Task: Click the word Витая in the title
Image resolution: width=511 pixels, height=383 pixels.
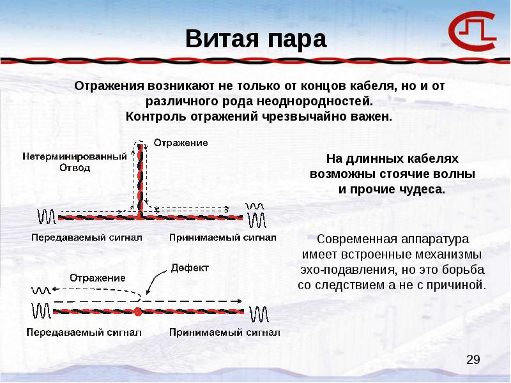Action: pyautogui.click(x=222, y=39)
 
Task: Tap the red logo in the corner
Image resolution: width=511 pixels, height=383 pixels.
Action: pyautogui.click(x=472, y=31)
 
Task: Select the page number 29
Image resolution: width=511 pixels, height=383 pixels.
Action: pyautogui.click(x=473, y=359)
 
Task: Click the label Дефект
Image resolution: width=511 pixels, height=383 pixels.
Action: pyautogui.click(x=190, y=268)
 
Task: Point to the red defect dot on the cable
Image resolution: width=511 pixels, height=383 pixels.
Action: pyautogui.click(x=138, y=312)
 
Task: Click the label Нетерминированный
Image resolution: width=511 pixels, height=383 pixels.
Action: pyautogui.click(x=75, y=156)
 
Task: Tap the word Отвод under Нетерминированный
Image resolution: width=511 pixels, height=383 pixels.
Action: pyautogui.click(x=75, y=168)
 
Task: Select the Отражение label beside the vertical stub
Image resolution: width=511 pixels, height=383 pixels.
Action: pyautogui.click(x=181, y=143)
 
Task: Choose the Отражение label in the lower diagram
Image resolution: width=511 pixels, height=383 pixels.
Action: pyautogui.click(x=98, y=278)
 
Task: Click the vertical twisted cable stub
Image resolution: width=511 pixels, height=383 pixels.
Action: pyautogui.click(x=140, y=181)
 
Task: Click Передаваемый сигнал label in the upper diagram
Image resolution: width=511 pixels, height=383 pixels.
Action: pyautogui.click(x=87, y=237)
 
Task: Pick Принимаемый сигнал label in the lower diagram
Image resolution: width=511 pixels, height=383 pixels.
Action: pyautogui.click(x=225, y=333)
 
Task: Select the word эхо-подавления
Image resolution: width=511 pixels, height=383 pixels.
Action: pyautogui.click(x=349, y=270)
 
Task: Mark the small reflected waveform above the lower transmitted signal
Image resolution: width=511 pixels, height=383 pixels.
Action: pyautogui.click(x=41, y=290)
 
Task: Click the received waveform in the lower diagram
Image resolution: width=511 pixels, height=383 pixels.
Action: pyautogui.click(x=259, y=314)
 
